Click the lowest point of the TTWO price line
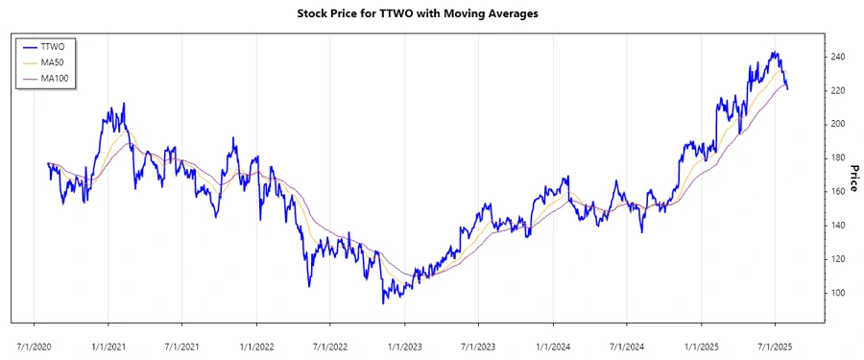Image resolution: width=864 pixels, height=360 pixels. click(383, 303)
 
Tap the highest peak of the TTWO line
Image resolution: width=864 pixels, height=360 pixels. click(774, 52)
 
